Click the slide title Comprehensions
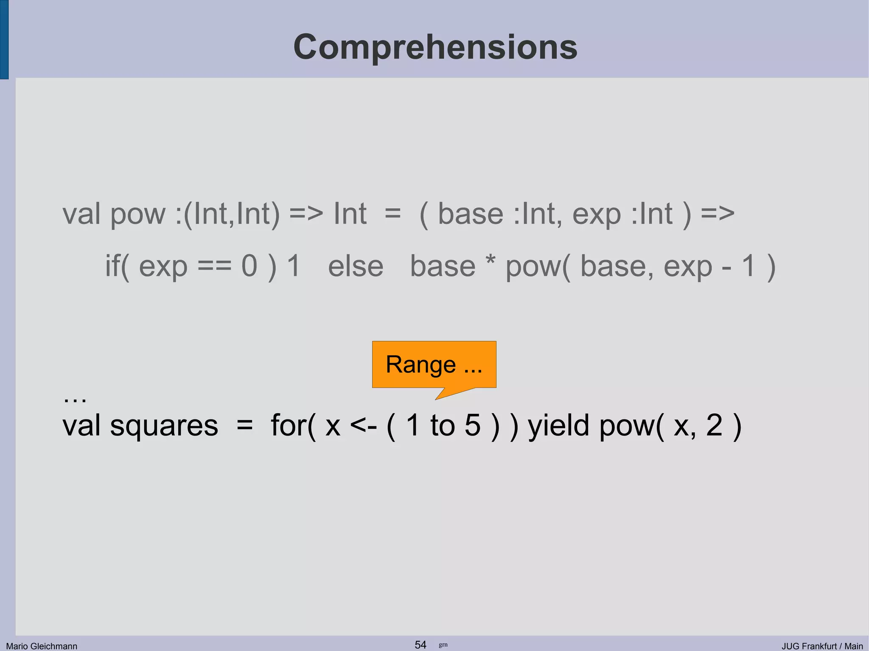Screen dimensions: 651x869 (435, 47)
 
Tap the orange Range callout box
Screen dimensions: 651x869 (434, 364)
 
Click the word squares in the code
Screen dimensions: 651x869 (164, 426)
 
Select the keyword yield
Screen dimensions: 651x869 (558, 426)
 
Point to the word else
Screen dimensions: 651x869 (356, 267)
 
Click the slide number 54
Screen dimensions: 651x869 (420, 645)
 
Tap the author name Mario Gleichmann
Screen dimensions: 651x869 (42, 646)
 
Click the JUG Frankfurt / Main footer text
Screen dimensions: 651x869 (822, 646)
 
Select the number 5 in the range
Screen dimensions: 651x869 (472, 425)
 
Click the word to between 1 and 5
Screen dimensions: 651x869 (442, 426)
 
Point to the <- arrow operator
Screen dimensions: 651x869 (363, 426)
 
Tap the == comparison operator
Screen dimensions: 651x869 (215, 267)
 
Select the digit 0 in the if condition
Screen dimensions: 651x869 (249, 266)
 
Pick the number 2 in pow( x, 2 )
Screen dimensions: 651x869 (714, 425)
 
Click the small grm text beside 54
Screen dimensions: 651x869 (443, 645)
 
